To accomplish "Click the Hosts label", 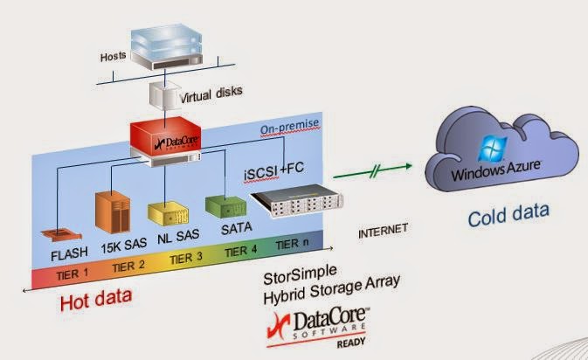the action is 113,57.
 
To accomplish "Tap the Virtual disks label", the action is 211,93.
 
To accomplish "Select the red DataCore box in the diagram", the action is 165,136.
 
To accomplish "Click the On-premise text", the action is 290,127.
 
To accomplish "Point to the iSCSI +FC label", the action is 274,171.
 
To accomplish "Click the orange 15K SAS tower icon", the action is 113,211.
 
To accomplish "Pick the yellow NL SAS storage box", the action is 168,213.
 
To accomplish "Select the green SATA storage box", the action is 225,206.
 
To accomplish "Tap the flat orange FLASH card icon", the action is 61,235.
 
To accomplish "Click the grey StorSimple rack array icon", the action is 297,201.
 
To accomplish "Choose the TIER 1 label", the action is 73,274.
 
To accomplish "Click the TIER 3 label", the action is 186,259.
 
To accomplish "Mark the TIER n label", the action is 292,245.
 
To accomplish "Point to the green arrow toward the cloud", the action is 372,171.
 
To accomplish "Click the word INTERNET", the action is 383,231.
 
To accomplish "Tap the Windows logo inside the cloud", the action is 493,149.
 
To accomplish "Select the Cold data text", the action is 508,215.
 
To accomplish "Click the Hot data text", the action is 96,300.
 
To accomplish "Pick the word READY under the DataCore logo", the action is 351,343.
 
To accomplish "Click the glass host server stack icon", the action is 167,46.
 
